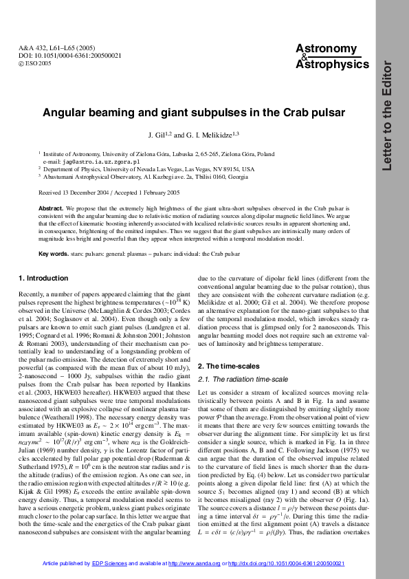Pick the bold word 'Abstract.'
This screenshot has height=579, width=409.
51,207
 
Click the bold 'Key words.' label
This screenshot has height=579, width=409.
54,254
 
